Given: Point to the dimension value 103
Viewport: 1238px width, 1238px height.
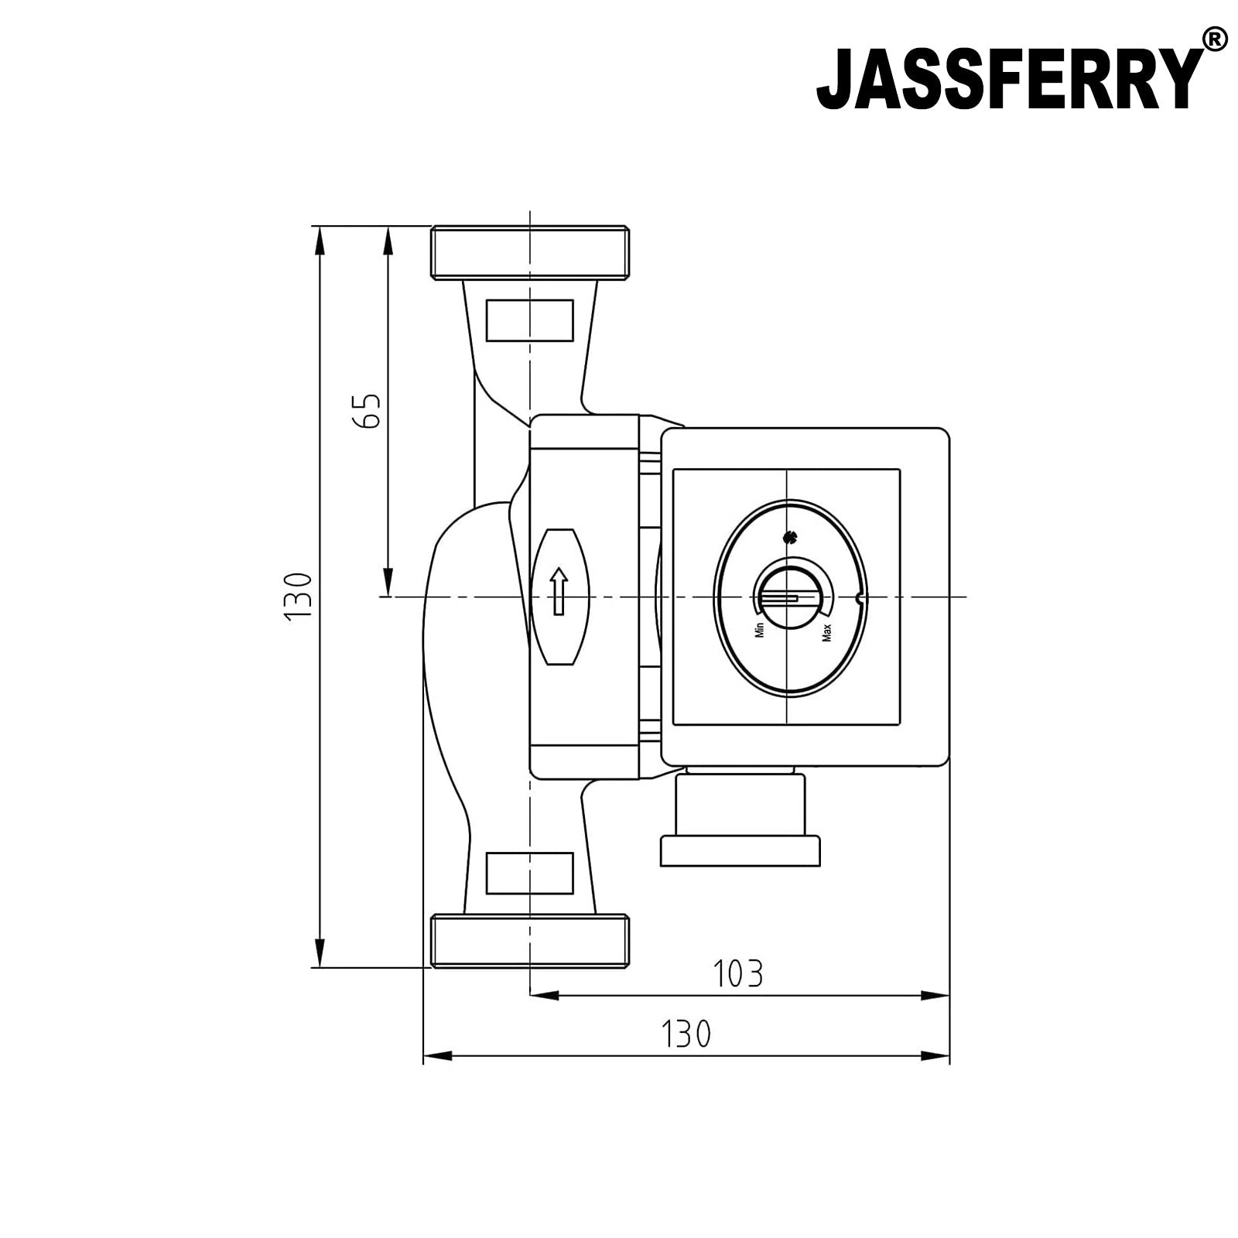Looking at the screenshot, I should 737,974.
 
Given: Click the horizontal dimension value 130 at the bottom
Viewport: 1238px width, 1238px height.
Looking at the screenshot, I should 686,1034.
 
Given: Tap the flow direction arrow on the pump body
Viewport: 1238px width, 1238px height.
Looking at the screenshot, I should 559,591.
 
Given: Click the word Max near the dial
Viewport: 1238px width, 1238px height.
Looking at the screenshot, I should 826,632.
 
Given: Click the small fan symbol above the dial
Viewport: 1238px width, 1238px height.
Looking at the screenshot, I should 789,537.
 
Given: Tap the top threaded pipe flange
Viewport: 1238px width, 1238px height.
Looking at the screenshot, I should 529,252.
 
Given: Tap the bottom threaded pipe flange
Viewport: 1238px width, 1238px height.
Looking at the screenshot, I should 529,940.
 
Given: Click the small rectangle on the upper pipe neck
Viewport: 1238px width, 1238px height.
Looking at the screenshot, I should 529,320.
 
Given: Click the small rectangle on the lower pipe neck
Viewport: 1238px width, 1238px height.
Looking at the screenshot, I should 529,873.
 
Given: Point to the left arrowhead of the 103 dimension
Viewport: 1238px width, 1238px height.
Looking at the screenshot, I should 543,996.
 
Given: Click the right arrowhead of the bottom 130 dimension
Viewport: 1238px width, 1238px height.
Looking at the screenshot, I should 935,1055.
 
